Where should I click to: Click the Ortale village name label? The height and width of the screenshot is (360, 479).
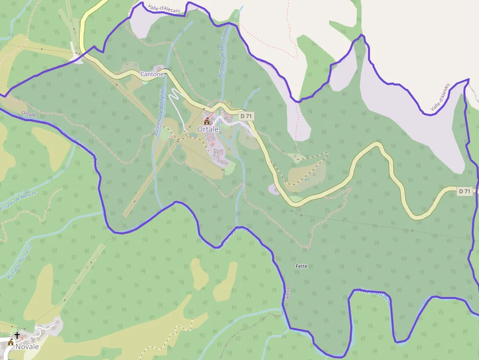(x=208, y=129)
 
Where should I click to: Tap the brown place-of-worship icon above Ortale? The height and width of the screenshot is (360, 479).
(x=206, y=121)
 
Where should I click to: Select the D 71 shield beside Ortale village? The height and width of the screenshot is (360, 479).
(x=246, y=116)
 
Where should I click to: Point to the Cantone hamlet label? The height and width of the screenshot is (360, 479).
(x=152, y=74)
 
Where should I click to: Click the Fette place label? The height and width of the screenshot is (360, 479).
(x=302, y=266)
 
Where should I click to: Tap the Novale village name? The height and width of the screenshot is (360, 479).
(x=27, y=346)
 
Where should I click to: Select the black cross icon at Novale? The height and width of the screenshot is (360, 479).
(x=18, y=335)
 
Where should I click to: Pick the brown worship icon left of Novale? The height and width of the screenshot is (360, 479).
(x=11, y=342)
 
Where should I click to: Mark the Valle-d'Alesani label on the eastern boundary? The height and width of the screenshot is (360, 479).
(x=440, y=97)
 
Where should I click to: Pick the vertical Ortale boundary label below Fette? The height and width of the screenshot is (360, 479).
(x=288, y=293)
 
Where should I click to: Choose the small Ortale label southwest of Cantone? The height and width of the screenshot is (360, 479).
(x=29, y=113)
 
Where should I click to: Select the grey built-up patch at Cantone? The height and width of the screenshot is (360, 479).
(x=160, y=68)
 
